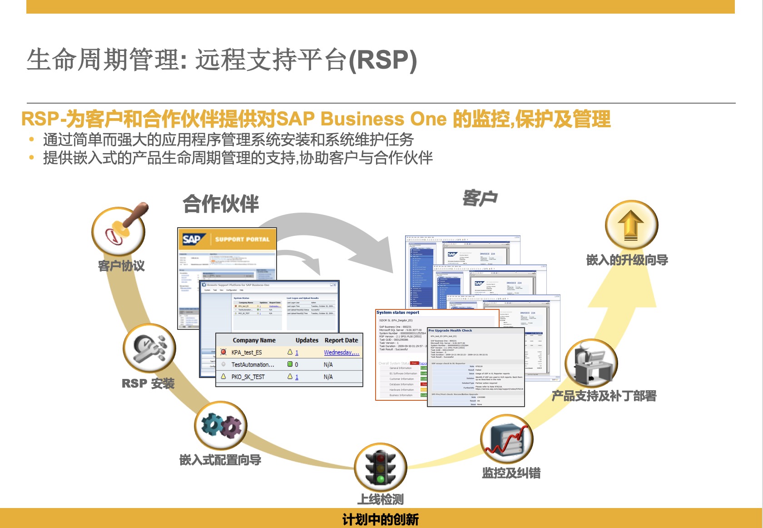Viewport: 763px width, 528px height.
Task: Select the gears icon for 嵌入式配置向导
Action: (221, 426)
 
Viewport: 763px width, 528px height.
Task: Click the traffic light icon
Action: (381, 467)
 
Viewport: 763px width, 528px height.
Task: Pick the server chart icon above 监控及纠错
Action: (506, 440)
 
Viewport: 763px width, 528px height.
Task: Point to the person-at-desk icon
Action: (590, 364)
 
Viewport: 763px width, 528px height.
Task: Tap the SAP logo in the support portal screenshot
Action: (192, 239)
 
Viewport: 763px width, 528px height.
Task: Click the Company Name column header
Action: (254, 340)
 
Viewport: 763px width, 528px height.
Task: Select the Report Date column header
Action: (341, 340)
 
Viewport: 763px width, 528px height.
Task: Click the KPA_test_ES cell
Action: (247, 352)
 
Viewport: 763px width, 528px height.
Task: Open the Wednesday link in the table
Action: (341, 352)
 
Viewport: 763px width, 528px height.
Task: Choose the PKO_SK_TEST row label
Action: (248, 377)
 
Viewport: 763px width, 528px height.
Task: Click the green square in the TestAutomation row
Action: (290, 364)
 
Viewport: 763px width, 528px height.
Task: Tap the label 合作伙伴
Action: (221, 204)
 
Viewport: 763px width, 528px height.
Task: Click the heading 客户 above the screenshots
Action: (480, 198)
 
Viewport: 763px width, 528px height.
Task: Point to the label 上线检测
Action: (381, 499)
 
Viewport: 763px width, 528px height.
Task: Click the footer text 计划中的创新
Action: (381, 519)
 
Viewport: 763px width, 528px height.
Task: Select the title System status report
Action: (397, 313)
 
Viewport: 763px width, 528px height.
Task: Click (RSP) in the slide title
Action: (382, 60)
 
